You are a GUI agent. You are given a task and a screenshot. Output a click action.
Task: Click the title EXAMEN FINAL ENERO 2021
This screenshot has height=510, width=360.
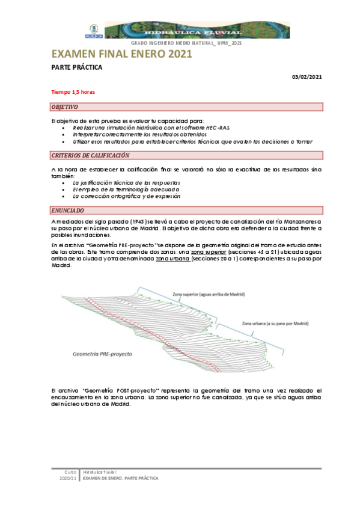point(122,55)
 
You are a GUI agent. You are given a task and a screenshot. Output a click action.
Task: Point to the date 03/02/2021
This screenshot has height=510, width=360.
point(307,76)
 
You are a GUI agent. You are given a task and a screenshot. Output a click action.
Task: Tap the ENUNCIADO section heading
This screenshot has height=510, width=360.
point(68,210)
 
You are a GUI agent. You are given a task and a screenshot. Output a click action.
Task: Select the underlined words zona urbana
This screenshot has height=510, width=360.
point(171,259)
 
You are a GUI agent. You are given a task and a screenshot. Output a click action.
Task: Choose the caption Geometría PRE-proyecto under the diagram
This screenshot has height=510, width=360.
point(102,354)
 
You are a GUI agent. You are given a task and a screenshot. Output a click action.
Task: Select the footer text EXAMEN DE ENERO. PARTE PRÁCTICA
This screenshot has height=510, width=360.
point(121,478)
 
